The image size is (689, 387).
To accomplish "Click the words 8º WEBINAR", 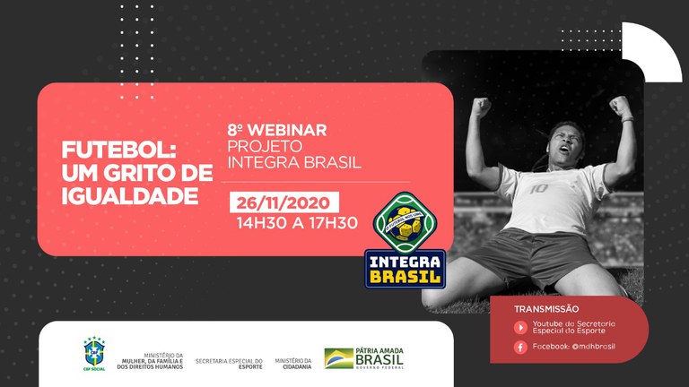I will tap(277, 130).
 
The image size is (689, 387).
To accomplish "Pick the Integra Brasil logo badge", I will tap(406, 240).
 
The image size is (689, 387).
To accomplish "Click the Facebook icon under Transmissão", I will tap(520, 347).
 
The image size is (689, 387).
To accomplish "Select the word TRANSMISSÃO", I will tap(546, 308).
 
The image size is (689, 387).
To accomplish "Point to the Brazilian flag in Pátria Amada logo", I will tap(338, 358).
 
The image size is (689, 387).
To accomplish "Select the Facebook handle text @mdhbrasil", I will tap(592, 347).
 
